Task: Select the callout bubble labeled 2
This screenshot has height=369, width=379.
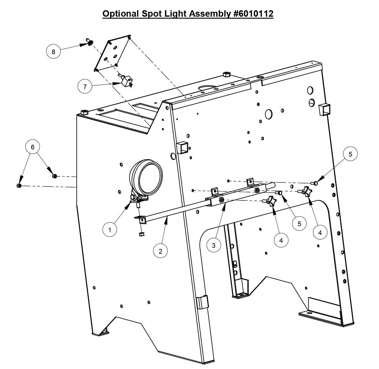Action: point(160,251)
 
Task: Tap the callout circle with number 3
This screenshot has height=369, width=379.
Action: point(214,245)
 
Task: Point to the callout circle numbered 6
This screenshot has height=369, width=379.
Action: point(33,147)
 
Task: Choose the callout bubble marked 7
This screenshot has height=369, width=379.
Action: point(85,87)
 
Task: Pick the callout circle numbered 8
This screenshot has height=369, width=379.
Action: point(54,52)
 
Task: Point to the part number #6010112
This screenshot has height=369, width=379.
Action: point(253,14)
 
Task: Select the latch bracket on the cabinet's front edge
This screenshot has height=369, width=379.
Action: point(203,302)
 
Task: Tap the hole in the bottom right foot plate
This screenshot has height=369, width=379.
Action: point(309,313)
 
